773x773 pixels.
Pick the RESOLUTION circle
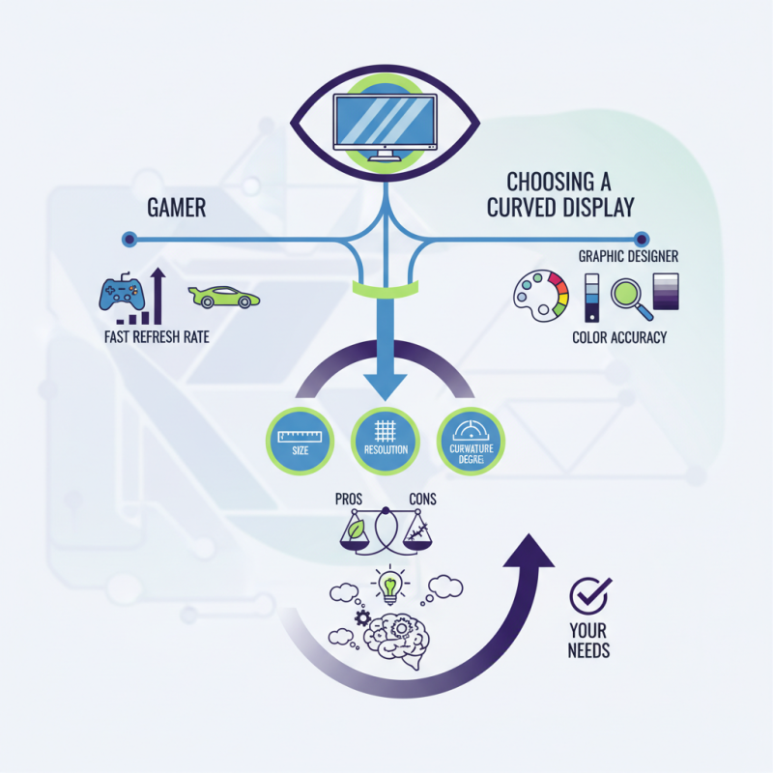pos(386,441)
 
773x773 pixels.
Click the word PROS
pos(349,500)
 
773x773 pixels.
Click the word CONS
pos(423,500)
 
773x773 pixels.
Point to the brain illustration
pos(397,636)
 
